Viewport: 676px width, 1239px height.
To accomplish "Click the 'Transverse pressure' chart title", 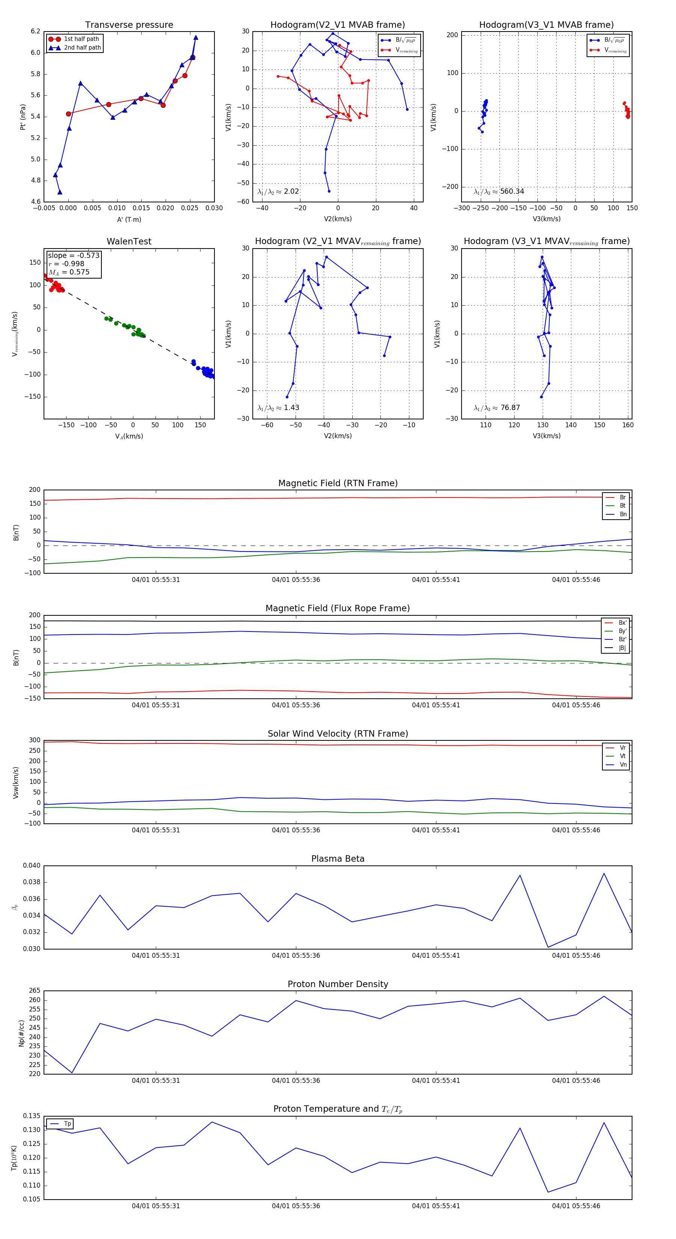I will point(129,25).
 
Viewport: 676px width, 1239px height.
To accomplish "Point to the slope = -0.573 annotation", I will point(74,255).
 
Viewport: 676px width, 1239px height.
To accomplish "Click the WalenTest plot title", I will point(129,241).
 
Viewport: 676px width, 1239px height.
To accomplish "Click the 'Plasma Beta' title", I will point(338,859).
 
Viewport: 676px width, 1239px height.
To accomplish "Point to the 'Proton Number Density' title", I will point(338,984).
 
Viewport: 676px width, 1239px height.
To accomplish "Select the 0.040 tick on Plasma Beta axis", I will point(32,866).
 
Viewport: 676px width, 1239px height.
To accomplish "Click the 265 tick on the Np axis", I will point(35,991).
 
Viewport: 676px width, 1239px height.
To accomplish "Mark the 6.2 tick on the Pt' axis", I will point(36,31).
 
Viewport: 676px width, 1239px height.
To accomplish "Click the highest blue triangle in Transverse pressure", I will point(196,38).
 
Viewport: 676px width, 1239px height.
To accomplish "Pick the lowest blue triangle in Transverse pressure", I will point(60,192).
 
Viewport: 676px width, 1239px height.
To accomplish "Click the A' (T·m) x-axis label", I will point(129,219).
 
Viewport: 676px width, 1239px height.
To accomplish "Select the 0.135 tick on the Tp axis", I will point(32,1116).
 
